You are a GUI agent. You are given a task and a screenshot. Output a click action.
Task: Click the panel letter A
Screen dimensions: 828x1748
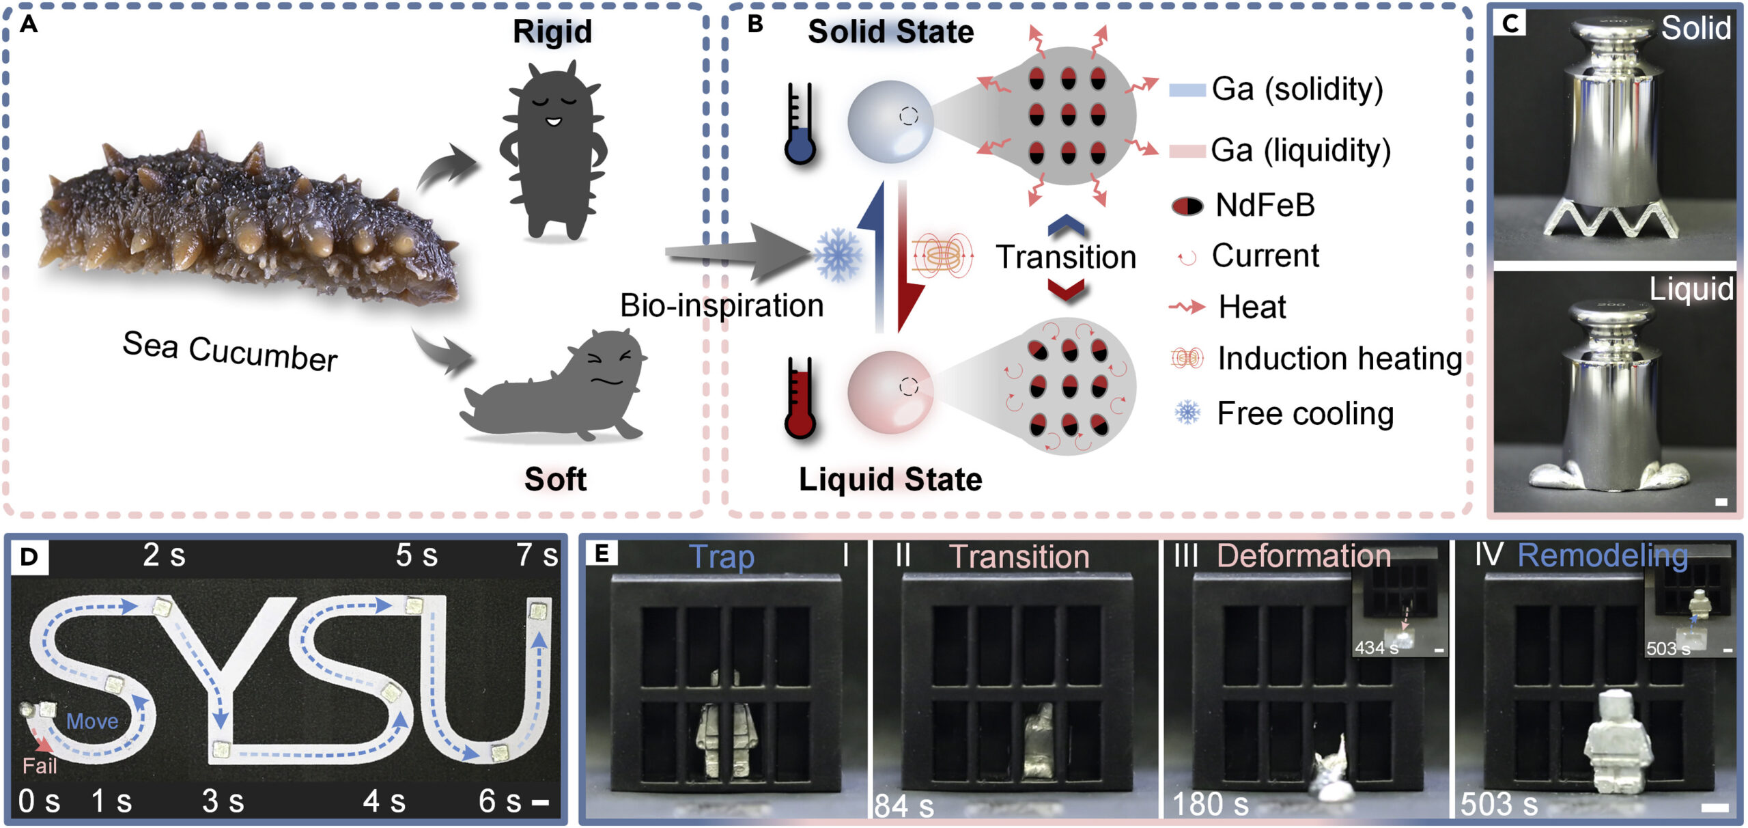point(29,25)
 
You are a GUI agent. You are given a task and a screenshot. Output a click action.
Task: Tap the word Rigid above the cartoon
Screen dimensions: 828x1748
point(552,32)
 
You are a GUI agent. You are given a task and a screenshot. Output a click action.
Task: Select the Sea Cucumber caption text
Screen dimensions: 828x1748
point(230,351)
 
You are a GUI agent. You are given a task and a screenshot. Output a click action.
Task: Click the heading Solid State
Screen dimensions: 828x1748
point(890,32)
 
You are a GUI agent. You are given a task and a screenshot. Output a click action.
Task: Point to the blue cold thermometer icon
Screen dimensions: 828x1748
point(800,124)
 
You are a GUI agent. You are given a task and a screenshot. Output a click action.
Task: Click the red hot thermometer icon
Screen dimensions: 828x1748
point(800,398)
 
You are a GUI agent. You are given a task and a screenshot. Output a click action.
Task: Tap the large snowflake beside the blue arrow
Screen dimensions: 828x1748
point(838,256)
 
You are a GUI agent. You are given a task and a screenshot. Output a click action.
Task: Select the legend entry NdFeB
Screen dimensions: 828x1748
point(1265,205)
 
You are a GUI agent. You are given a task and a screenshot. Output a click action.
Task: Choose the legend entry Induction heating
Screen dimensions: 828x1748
point(1339,358)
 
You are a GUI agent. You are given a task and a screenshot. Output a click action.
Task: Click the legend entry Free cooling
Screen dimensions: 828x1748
point(1305,413)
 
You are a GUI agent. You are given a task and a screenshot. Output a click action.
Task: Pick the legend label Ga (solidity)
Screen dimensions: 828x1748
point(1297,89)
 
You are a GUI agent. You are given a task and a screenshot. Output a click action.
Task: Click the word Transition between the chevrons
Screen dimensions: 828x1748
point(1066,258)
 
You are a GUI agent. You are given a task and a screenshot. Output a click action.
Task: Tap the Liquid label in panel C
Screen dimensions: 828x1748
point(1691,289)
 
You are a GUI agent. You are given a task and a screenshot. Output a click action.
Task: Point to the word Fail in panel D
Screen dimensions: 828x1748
point(40,766)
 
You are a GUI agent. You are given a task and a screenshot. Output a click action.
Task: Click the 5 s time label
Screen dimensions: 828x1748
point(417,555)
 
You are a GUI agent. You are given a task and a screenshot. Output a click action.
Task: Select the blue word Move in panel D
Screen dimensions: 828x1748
point(92,721)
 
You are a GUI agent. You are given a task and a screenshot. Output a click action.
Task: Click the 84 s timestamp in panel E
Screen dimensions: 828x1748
point(904,805)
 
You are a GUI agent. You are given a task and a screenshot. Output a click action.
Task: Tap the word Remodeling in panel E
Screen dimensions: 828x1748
point(1602,556)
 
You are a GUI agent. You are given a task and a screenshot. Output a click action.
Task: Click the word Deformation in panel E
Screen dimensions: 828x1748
point(1303,556)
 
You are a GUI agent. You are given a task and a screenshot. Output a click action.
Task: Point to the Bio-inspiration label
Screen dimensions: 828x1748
point(722,305)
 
